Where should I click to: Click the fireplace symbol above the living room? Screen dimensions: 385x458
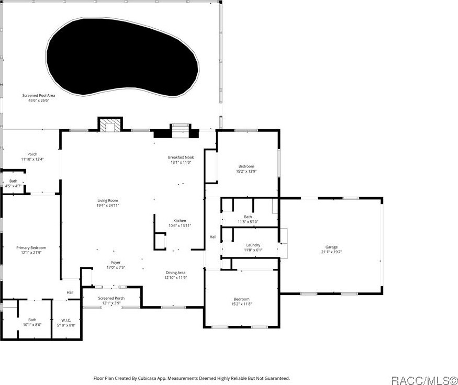click(110, 126)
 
